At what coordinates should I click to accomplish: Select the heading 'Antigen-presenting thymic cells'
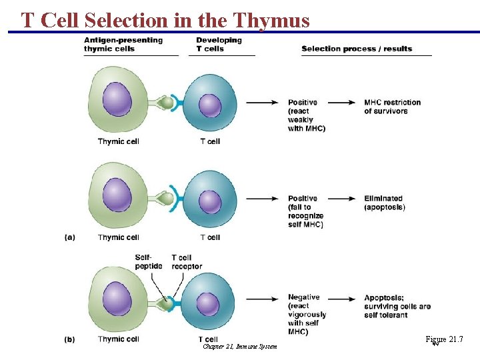point(123,45)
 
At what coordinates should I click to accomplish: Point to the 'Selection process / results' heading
point(357,49)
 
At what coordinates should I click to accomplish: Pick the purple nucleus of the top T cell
point(209,106)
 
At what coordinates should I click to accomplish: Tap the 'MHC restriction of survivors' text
point(392,107)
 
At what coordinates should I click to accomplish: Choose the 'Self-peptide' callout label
point(149,262)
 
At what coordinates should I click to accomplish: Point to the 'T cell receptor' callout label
point(187,262)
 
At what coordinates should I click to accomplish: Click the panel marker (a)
point(70,237)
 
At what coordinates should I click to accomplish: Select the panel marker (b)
point(70,339)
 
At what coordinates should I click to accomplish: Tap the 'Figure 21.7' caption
point(444,340)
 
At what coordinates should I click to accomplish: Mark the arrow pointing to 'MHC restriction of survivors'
point(344,103)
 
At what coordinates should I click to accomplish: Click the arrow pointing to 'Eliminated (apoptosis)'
point(344,199)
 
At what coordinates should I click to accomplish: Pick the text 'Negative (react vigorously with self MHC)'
point(307,315)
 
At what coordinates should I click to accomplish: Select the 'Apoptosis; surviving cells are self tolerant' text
point(397,306)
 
